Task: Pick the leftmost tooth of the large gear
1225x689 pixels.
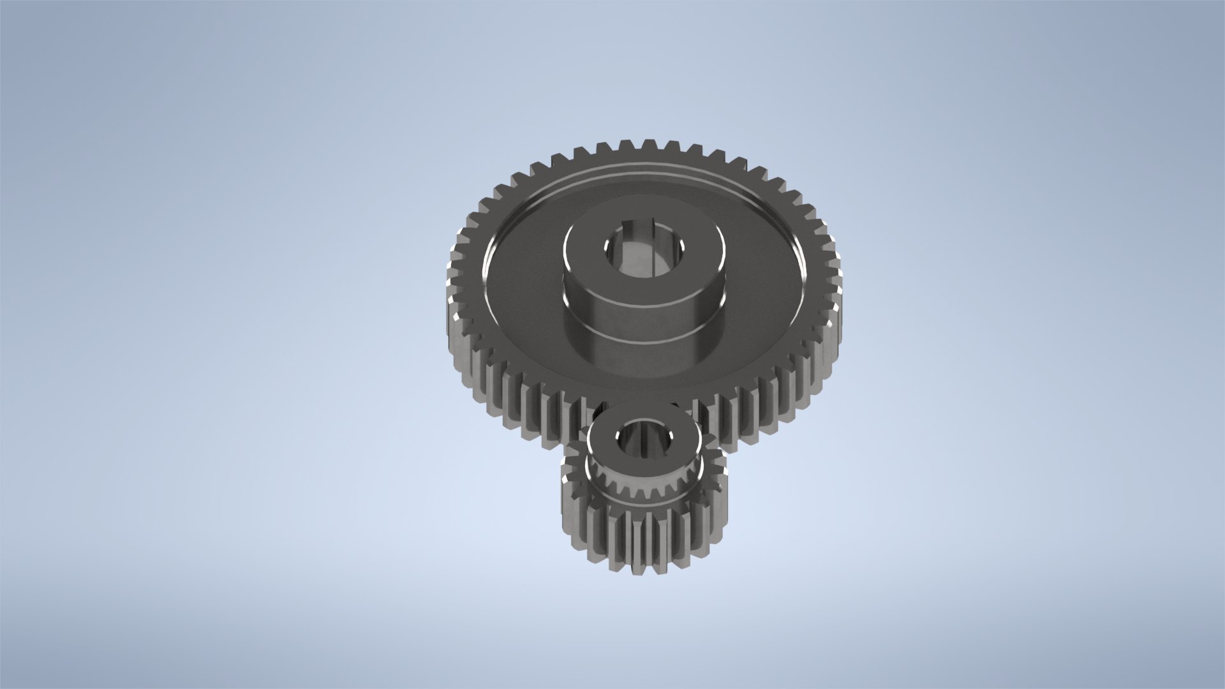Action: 450,281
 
